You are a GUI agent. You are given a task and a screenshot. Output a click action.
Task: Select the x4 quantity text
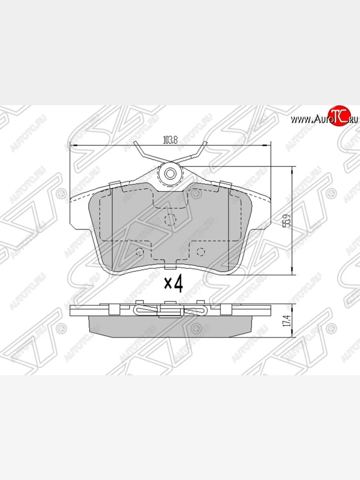pos(174,284)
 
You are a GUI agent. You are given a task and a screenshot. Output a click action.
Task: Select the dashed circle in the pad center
pos(171,219)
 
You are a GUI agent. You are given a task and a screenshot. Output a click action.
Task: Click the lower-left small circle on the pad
pos(140,252)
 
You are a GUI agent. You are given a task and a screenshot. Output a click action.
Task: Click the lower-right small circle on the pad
pos(201,252)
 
